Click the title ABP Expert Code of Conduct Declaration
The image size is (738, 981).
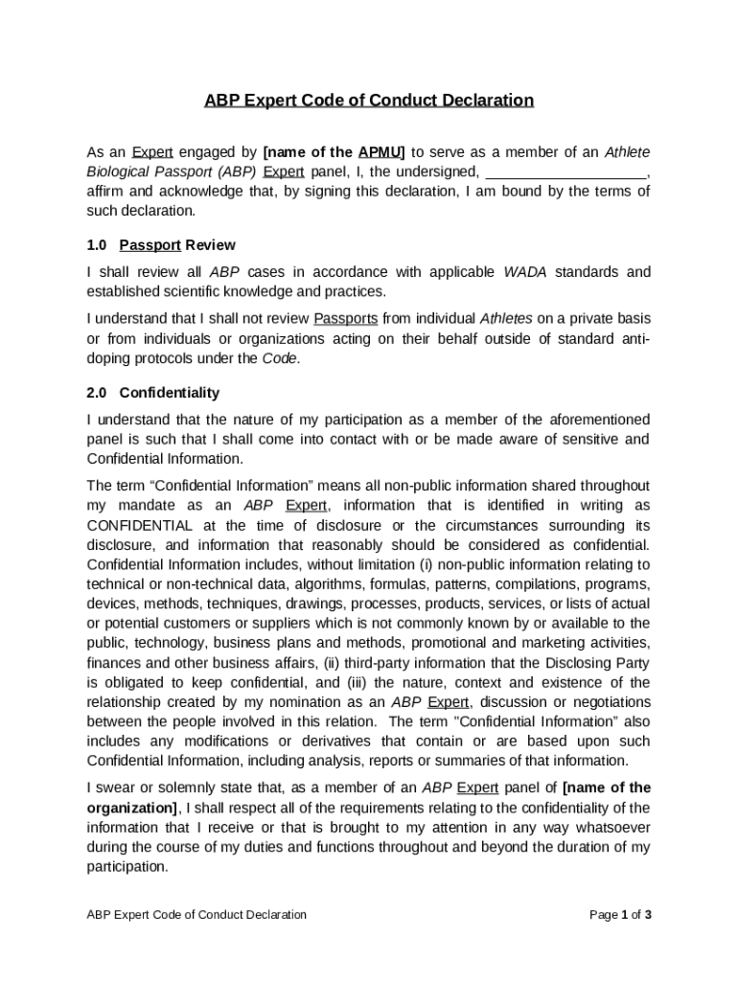[x=369, y=101]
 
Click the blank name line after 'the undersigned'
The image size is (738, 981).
[x=567, y=171]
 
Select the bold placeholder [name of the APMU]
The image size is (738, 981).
[x=334, y=152]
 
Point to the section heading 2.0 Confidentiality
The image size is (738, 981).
[x=152, y=393]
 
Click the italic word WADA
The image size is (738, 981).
[x=526, y=272]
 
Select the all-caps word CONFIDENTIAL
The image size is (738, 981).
[x=140, y=525]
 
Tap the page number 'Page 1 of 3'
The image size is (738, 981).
[x=620, y=915]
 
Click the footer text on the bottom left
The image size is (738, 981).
[x=196, y=915]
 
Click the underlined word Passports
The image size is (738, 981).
[x=346, y=318]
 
